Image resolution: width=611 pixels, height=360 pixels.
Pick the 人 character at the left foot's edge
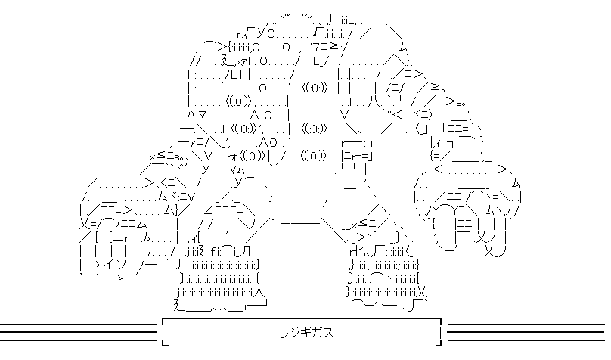click(259, 289)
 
